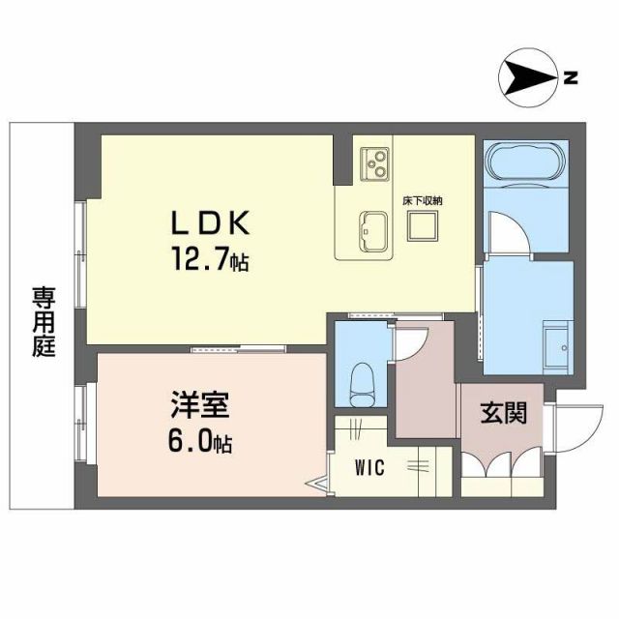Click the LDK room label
tap(211, 224)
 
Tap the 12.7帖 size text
tap(210, 260)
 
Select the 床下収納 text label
tap(422, 200)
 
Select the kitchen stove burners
tap(372, 162)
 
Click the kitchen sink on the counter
tap(372, 229)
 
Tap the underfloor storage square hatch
tap(422, 227)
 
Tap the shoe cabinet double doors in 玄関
tap(501, 466)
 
